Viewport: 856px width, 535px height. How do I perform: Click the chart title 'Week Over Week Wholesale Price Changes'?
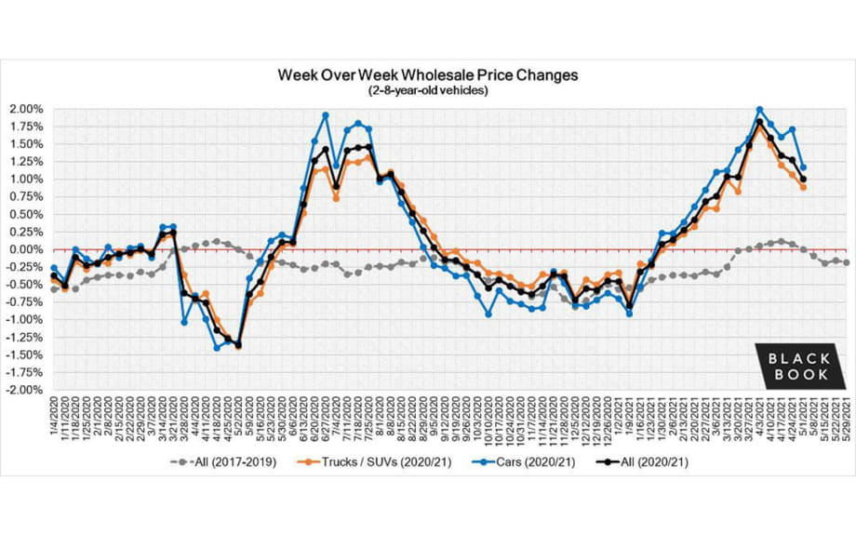click(x=429, y=74)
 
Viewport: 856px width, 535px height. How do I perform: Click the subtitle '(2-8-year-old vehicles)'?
click(x=429, y=90)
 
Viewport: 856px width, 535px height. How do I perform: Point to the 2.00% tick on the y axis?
click(x=26, y=109)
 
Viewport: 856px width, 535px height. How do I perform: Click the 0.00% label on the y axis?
click(x=26, y=249)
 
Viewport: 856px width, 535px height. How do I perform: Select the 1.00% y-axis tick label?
click(x=26, y=179)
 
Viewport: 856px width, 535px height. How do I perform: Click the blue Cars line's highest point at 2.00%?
click(x=759, y=110)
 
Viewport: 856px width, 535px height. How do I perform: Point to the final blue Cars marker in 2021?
click(x=803, y=167)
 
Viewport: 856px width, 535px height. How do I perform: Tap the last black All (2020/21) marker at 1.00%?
click(x=803, y=179)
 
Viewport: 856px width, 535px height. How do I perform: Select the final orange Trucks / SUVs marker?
click(x=803, y=187)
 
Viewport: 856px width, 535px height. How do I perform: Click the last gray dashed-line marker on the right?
click(x=847, y=262)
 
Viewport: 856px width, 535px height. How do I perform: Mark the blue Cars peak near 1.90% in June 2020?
click(x=325, y=115)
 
